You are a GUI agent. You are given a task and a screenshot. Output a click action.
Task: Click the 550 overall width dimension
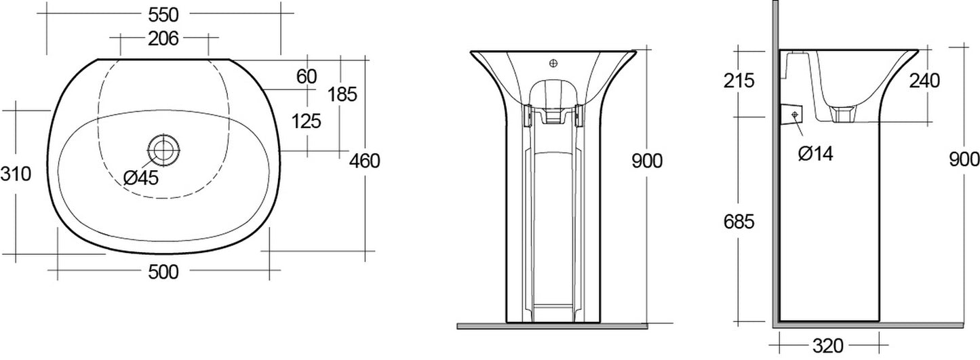tap(163, 12)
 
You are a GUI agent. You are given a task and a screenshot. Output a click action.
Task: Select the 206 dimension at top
tap(163, 39)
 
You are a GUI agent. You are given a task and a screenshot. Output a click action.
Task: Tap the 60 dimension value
tap(307, 77)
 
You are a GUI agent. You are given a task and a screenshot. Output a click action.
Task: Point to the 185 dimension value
tap(342, 94)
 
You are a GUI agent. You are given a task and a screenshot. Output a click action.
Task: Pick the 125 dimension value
tap(307, 121)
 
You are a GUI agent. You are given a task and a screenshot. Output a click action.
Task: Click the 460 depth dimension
tap(365, 161)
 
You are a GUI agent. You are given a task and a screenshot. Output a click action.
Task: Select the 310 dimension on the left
tap(16, 174)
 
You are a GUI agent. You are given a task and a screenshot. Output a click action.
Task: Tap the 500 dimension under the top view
tap(163, 273)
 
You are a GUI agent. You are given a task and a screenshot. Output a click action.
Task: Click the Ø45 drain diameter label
tap(141, 178)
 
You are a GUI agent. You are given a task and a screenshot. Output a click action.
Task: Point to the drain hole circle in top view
tap(163, 148)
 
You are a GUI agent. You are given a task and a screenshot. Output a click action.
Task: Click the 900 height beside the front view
tap(646, 161)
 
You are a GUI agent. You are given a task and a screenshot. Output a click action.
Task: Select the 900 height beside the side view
tap(964, 160)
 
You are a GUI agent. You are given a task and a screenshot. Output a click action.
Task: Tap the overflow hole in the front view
tap(553, 64)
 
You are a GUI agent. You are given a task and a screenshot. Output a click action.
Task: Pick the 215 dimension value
tap(739, 81)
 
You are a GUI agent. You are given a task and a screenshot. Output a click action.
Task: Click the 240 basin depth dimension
tap(924, 81)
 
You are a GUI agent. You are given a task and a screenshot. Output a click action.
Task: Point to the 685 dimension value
tap(739, 222)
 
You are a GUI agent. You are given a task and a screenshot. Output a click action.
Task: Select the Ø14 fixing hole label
tap(815, 154)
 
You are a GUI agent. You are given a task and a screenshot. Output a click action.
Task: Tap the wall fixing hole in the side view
tap(794, 116)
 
